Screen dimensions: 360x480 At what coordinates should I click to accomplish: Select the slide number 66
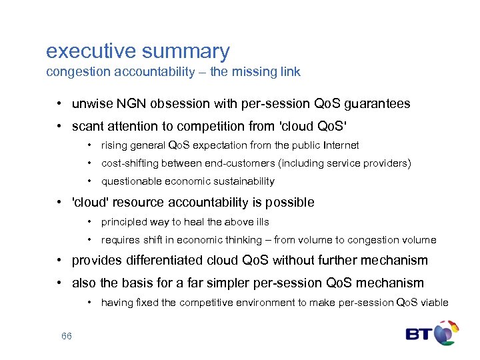click(x=67, y=336)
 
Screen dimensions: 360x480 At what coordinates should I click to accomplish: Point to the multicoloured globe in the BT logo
click(x=446, y=332)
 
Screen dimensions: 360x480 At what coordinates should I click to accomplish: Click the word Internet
click(x=339, y=145)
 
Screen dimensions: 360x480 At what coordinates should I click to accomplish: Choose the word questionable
click(x=129, y=181)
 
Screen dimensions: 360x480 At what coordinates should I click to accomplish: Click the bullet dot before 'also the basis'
click(x=60, y=283)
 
